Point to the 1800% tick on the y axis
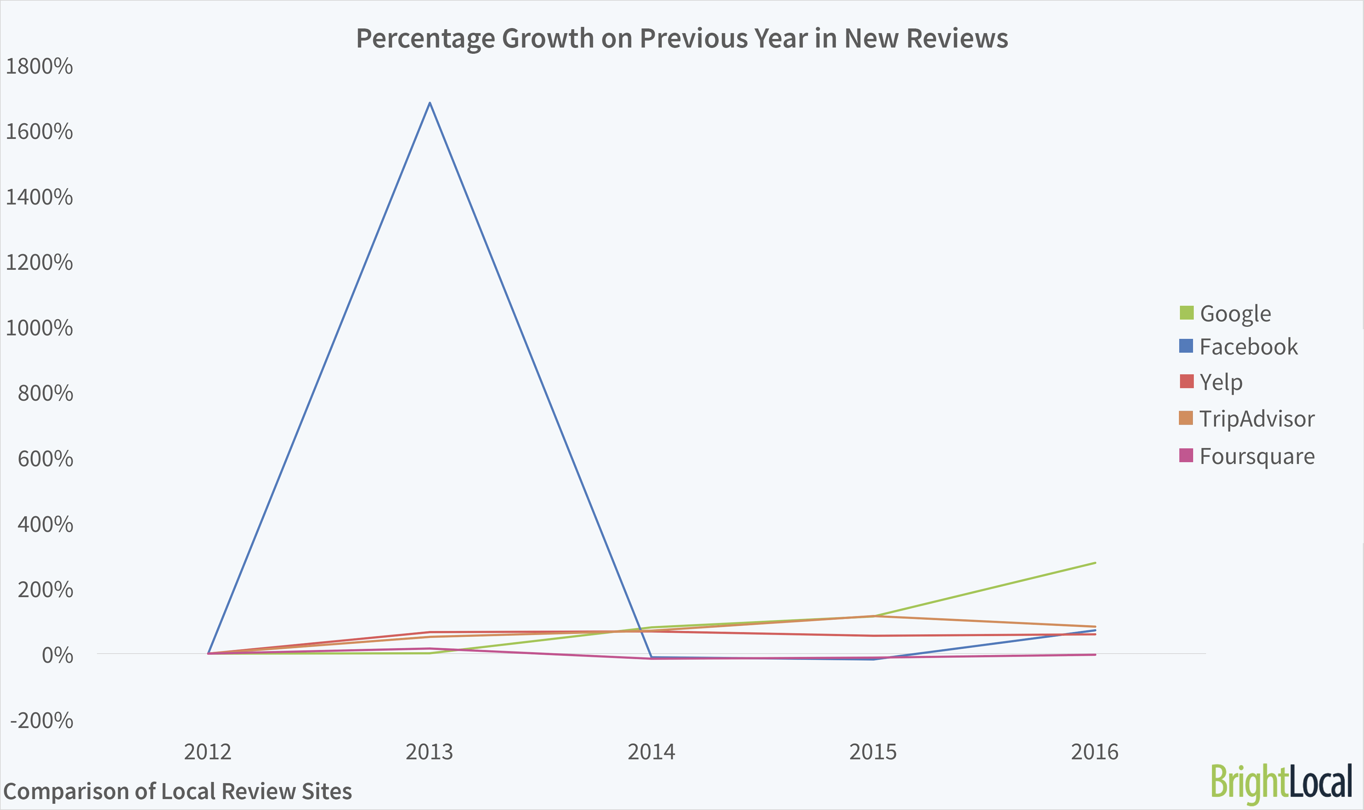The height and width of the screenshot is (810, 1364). [x=39, y=66]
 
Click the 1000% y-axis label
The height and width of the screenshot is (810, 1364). [x=39, y=328]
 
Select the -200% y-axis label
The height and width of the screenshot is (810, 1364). [x=41, y=720]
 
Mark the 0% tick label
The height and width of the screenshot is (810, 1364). [x=57, y=655]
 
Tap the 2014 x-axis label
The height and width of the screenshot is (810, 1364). [x=651, y=752]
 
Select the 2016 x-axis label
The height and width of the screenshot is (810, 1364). [x=1094, y=752]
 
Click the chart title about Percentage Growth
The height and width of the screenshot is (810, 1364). [x=682, y=38]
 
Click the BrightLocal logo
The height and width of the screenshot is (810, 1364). [x=1281, y=783]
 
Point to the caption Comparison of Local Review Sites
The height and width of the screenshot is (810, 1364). [x=177, y=791]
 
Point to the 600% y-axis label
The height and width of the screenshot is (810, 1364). [x=45, y=459]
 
